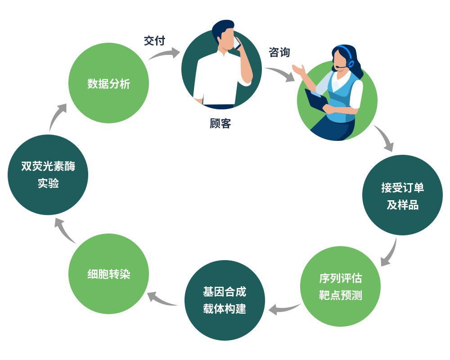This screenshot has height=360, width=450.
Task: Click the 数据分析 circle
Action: pyautogui.click(x=108, y=83)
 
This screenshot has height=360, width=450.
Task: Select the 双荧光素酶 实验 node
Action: pyautogui.click(x=48, y=175)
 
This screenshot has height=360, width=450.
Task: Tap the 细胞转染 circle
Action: pyautogui.click(x=108, y=274)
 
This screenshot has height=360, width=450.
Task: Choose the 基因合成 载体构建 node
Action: pyautogui.click(x=225, y=300)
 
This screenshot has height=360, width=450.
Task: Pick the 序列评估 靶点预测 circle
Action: pyautogui.click(x=340, y=287)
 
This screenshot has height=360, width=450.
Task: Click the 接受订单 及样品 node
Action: pyautogui.click(x=402, y=195)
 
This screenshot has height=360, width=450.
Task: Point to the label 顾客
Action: pyautogui.click(x=220, y=124)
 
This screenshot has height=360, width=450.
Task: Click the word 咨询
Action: pyautogui.click(x=279, y=52)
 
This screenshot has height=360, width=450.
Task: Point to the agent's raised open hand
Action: pyautogui.click(x=298, y=70)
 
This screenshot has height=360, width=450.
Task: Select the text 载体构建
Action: pyautogui.click(x=225, y=309)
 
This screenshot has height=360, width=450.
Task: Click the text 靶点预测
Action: pyautogui.click(x=340, y=296)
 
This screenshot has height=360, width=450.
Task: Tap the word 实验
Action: pyautogui.click(x=48, y=184)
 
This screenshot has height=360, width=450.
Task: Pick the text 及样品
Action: pyautogui.click(x=402, y=205)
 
